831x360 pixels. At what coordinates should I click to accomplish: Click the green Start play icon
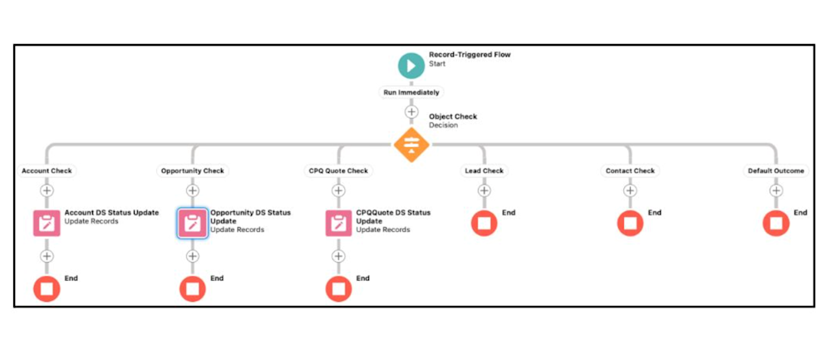[411, 65]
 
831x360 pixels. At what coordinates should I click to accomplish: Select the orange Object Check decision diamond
[411, 145]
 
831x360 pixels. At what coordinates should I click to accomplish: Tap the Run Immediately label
[411, 92]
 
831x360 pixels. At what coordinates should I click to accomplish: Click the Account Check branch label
[47, 171]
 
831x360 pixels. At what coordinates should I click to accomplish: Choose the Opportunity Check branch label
[192, 171]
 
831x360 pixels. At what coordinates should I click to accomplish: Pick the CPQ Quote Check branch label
[338, 171]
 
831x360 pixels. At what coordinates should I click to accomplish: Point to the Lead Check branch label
[484, 171]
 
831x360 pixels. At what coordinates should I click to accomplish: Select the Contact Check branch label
[630, 171]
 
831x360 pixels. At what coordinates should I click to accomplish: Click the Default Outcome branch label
[775, 171]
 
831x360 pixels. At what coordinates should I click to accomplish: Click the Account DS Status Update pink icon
[47, 223]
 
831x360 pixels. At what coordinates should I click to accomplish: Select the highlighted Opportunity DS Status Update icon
[192, 223]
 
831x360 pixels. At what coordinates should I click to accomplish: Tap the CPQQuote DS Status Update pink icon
[338, 223]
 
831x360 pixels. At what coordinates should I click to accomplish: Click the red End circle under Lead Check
[484, 223]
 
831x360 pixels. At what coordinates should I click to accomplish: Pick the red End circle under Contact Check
[630, 223]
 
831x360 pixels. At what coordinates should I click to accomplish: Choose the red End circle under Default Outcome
[776, 223]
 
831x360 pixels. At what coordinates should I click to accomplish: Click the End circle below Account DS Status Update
[47, 288]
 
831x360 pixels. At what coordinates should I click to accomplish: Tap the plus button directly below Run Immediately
[411, 111]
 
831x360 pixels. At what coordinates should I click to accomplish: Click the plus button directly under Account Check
[47, 190]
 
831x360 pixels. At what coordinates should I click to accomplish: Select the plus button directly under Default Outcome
[776, 190]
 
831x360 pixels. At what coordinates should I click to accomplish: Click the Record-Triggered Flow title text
[470, 55]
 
